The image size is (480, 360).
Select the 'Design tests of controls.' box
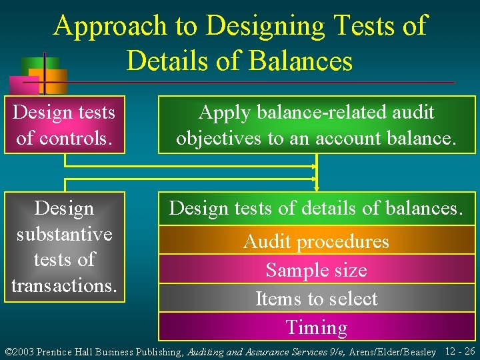[64, 125]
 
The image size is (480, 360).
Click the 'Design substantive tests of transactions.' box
[64, 247]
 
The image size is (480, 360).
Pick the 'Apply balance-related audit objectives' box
[317, 125]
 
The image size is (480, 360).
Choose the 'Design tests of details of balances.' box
[317, 208]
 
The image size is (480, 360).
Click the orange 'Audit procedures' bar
[317, 241]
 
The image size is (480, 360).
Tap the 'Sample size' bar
[317, 270]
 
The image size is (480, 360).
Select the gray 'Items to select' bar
[317, 299]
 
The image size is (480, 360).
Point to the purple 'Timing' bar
[317, 327]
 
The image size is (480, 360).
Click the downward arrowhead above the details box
[317, 187]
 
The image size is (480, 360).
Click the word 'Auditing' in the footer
[207, 351]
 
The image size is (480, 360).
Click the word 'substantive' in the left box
[64, 234]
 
